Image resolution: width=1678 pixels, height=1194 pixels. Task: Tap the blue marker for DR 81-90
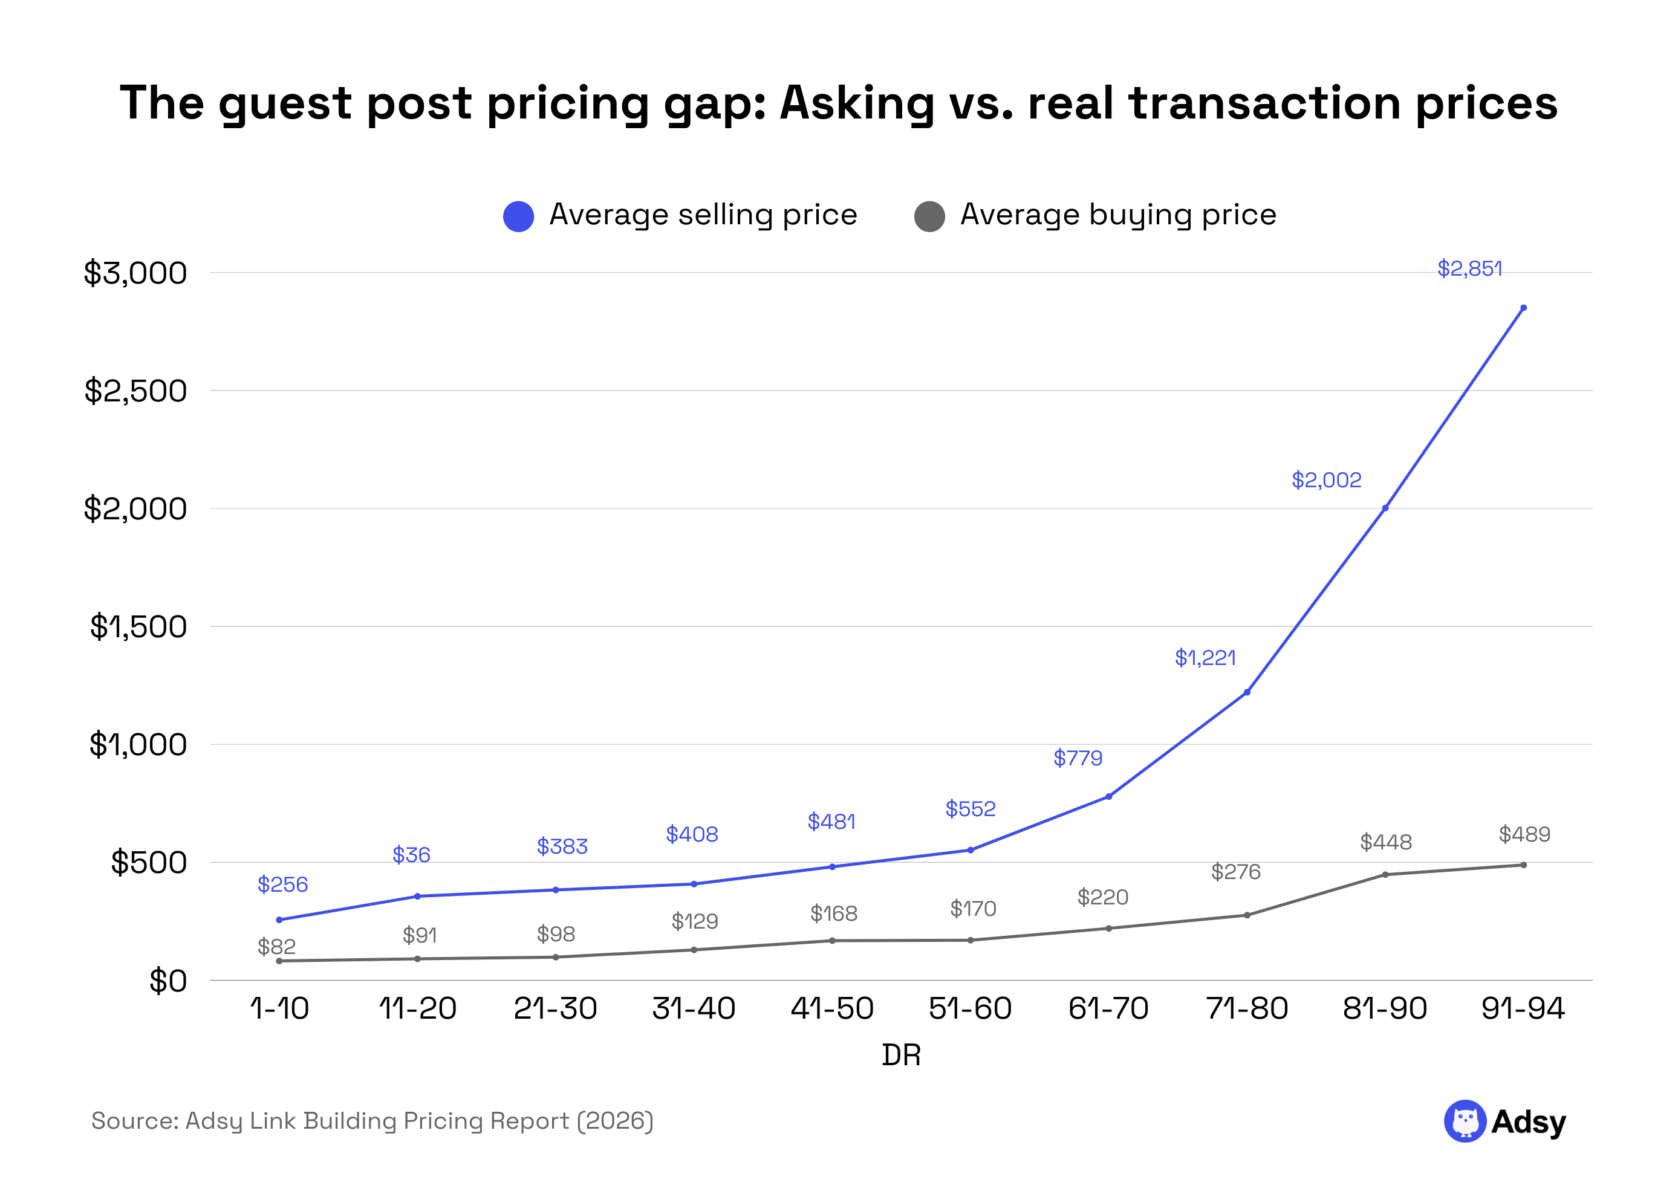tap(1385, 508)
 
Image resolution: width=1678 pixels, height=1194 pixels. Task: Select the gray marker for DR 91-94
tap(1523, 865)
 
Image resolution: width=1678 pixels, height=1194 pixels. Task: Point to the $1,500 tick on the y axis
tap(138, 627)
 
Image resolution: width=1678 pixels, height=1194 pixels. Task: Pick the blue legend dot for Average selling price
tap(518, 216)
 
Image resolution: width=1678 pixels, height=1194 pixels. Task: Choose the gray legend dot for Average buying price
tap(929, 216)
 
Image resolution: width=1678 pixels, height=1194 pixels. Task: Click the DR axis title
tap(901, 1055)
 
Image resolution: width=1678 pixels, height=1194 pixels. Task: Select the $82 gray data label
tap(276, 946)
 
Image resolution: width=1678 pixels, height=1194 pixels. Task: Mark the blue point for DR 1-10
tap(279, 920)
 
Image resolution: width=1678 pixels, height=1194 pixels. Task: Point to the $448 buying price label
tap(1385, 842)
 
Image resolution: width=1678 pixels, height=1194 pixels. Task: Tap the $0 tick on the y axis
tap(167, 981)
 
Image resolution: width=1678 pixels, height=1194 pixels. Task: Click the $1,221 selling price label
tap(1205, 658)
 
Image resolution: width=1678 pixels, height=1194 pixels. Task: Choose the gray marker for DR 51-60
tap(970, 940)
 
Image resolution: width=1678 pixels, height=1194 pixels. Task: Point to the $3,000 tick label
tap(135, 273)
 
